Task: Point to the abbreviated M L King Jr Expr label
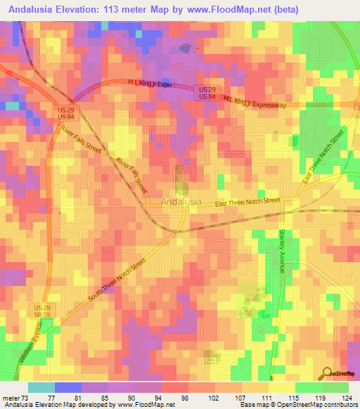click(150, 83)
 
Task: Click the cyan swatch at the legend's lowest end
click(41, 387)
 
